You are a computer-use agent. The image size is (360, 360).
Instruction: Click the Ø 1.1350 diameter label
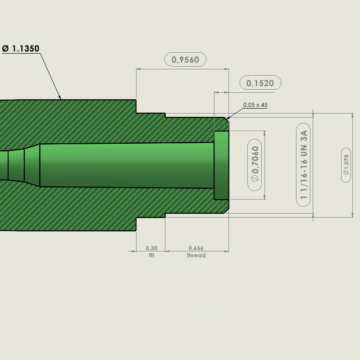pyautogui.click(x=21, y=49)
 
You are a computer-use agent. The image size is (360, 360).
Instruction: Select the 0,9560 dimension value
pyautogui.click(x=185, y=59)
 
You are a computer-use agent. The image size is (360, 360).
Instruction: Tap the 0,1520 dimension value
pyautogui.click(x=260, y=83)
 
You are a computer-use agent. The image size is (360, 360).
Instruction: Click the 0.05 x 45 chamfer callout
pyautogui.click(x=255, y=105)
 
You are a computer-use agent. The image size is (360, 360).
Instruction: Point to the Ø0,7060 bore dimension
pyautogui.click(x=255, y=164)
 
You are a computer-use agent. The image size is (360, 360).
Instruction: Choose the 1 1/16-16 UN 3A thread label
pyautogui.click(x=304, y=164)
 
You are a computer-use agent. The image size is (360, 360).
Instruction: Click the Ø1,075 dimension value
pyautogui.click(x=346, y=165)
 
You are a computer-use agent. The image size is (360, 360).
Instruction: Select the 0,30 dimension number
pyautogui.click(x=151, y=248)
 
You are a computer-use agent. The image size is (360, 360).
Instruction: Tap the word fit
pyautogui.click(x=151, y=255)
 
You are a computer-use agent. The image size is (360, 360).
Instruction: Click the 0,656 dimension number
pyautogui.click(x=196, y=248)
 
